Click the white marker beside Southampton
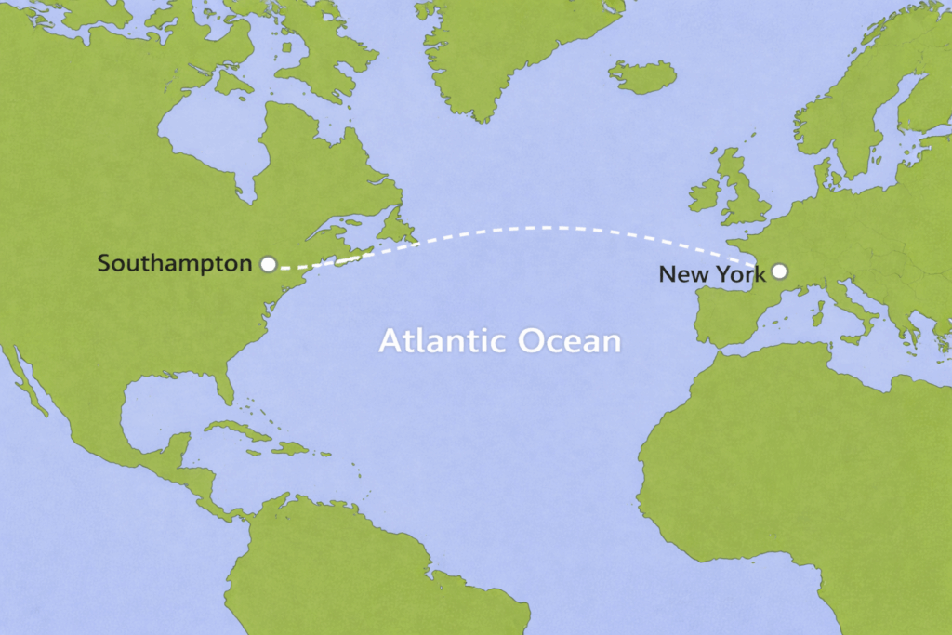(x=268, y=264)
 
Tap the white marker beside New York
(x=779, y=271)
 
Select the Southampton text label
(x=174, y=264)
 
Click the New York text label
(x=711, y=273)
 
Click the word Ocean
(x=568, y=341)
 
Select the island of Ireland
(x=705, y=195)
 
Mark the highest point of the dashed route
(x=549, y=227)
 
